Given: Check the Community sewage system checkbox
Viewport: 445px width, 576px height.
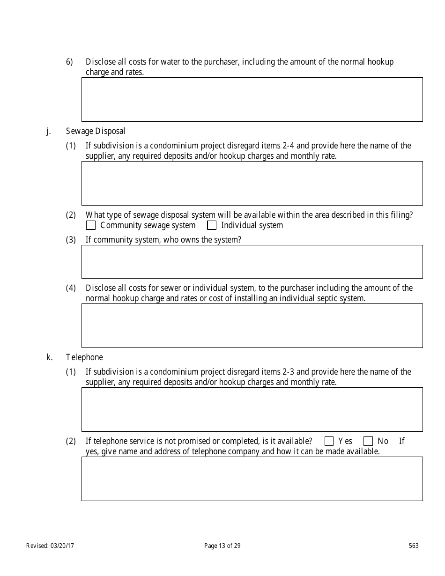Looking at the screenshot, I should pos(91,225).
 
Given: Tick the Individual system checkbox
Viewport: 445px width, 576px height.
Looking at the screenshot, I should pos(212,225).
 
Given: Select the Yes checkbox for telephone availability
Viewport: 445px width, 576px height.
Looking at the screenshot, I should pos(329,441).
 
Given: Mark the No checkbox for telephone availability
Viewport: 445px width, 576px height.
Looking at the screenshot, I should pos(368,441).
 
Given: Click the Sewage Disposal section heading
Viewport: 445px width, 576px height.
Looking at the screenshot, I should pos(96,131).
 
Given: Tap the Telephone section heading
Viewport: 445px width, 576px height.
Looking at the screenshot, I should pos(84,357).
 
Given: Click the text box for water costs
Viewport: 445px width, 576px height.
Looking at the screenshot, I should pos(252,99).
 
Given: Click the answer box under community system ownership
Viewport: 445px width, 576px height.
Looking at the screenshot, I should pos(252,262).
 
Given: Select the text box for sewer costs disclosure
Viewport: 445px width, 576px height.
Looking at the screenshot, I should pos(252,325).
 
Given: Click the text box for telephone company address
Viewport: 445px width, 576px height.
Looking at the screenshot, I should pos(252,479).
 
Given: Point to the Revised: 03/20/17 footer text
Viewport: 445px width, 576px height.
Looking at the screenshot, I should pos(50,546).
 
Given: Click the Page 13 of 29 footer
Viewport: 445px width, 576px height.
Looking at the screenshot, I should pos(222,546).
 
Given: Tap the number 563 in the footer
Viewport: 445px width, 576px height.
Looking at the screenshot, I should pos(414,546).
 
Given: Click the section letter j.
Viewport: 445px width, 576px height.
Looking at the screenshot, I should pos(48,131).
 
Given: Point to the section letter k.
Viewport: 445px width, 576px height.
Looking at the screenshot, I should pos(49,357).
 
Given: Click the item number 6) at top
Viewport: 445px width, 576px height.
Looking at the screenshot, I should pos(69,62).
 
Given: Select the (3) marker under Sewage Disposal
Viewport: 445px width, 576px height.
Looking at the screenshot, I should pos(71,240).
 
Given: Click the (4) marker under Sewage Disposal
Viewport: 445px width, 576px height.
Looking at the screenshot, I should pos(71,288).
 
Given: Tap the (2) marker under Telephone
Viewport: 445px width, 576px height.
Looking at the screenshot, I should pos(71,441).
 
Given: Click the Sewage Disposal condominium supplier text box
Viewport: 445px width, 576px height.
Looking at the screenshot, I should pos(252,183).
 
